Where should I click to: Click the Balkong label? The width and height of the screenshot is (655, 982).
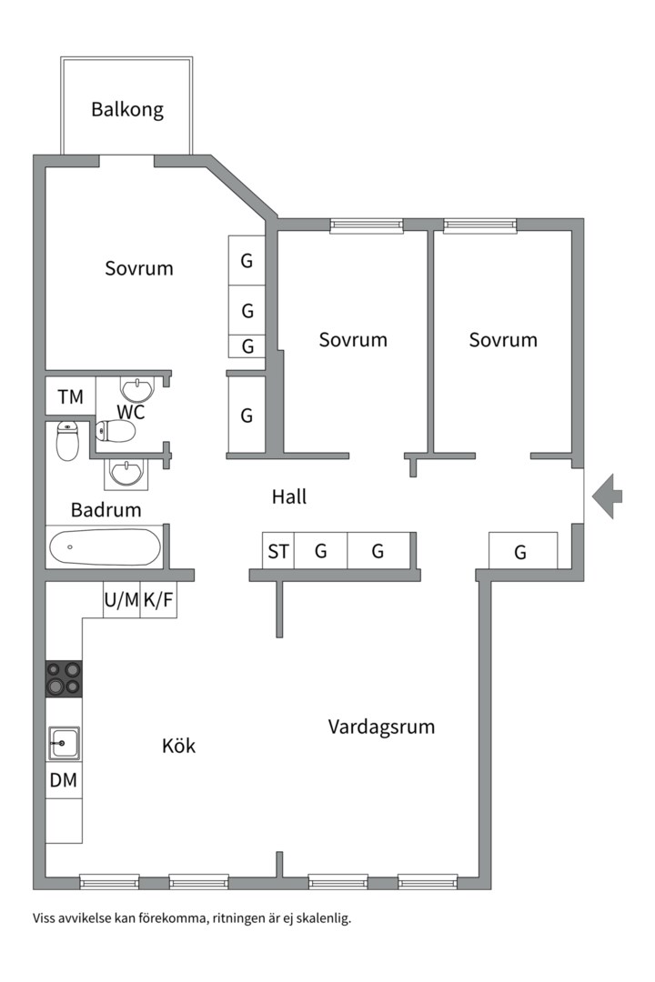pos(127,110)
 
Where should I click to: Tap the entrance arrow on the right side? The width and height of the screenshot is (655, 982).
pos(608,496)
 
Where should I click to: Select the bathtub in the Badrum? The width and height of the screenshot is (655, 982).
pos(105,547)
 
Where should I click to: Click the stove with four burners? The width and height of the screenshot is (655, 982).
pos(64,678)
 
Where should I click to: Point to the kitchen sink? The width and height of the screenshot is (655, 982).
pos(64,743)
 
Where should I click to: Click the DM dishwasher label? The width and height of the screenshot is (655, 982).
pos(64,779)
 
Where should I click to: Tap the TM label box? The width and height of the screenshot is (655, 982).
pos(70,396)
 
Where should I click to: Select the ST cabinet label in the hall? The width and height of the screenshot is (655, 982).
pos(278,551)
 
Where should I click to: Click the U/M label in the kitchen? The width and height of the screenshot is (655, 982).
pos(122,600)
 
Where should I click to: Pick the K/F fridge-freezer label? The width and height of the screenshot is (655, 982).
pos(158,600)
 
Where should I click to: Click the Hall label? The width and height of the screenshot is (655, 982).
pos(289,496)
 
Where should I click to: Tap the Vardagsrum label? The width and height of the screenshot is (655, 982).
pos(381,727)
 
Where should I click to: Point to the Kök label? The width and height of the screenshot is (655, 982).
pos(178,747)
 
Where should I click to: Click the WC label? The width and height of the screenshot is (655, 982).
pos(131,411)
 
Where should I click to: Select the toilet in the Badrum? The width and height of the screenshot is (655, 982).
pos(68,440)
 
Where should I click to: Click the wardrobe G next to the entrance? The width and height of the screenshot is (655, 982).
pos(520,552)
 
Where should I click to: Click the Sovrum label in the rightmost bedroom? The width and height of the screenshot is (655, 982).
pos(503,340)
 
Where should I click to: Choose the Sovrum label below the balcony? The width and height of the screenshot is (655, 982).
pos(138,269)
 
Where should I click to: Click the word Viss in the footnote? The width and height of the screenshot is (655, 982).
pos(45,918)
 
